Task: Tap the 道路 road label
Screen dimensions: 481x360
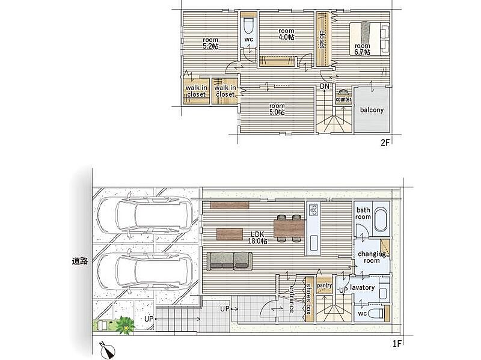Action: pyautogui.click(x=80, y=261)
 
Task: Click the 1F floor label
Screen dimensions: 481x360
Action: pyautogui.click(x=397, y=343)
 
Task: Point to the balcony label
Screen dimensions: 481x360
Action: pyautogui.click(x=372, y=110)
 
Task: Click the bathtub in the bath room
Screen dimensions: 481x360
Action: pyautogui.click(x=381, y=220)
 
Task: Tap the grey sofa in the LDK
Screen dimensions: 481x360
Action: pyautogui.click(x=230, y=261)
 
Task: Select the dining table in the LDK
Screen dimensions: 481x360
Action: pyautogui.click(x=289, y=228)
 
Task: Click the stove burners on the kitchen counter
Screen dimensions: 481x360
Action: pyautogui.click(x=313, y=210)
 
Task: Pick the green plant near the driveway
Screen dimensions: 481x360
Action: pyautogui.click(x=125, y=325)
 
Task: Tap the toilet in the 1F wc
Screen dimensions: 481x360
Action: pyautogui.click(x=376, y=313)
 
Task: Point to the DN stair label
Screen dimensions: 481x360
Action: pyautogui.click(x=324, y=87)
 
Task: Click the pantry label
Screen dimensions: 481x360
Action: pyautogui.click(x=324, y=285)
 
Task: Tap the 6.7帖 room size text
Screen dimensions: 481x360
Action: pyautogui.click(x=362, y=52)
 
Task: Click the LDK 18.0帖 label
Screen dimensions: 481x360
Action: pyautogui.click(x=257, y=237)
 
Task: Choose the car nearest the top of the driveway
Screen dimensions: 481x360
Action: pyautogui.click(x=144, y=215)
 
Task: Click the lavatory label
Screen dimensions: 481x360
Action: pyautogui.click(x=362, y=287)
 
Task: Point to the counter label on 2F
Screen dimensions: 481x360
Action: pyautogui.click(x=343, y=99)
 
